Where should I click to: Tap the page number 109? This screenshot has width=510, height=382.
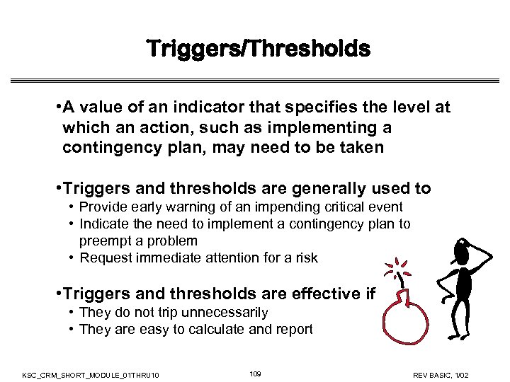click(256, 373)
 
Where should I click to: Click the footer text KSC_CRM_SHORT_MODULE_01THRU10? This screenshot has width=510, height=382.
click(91, 374)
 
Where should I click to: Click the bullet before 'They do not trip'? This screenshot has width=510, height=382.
click(73, 312)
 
